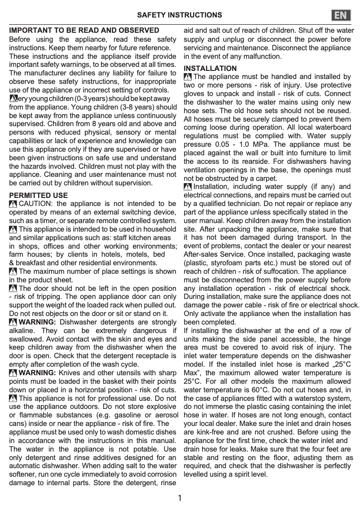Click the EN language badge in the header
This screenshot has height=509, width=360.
click(x=342, y=15)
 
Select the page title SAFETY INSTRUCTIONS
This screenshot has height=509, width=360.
click(x=179, y=15)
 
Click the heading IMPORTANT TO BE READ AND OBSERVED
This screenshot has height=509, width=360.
click(x=84, y=31)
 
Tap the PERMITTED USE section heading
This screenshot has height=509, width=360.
click(x=39, y=196)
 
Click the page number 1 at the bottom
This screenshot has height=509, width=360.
click(x=180, y=498)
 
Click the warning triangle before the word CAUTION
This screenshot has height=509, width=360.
click(x=13, y=205)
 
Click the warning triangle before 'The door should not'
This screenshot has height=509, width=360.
click(x=13, y=289)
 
